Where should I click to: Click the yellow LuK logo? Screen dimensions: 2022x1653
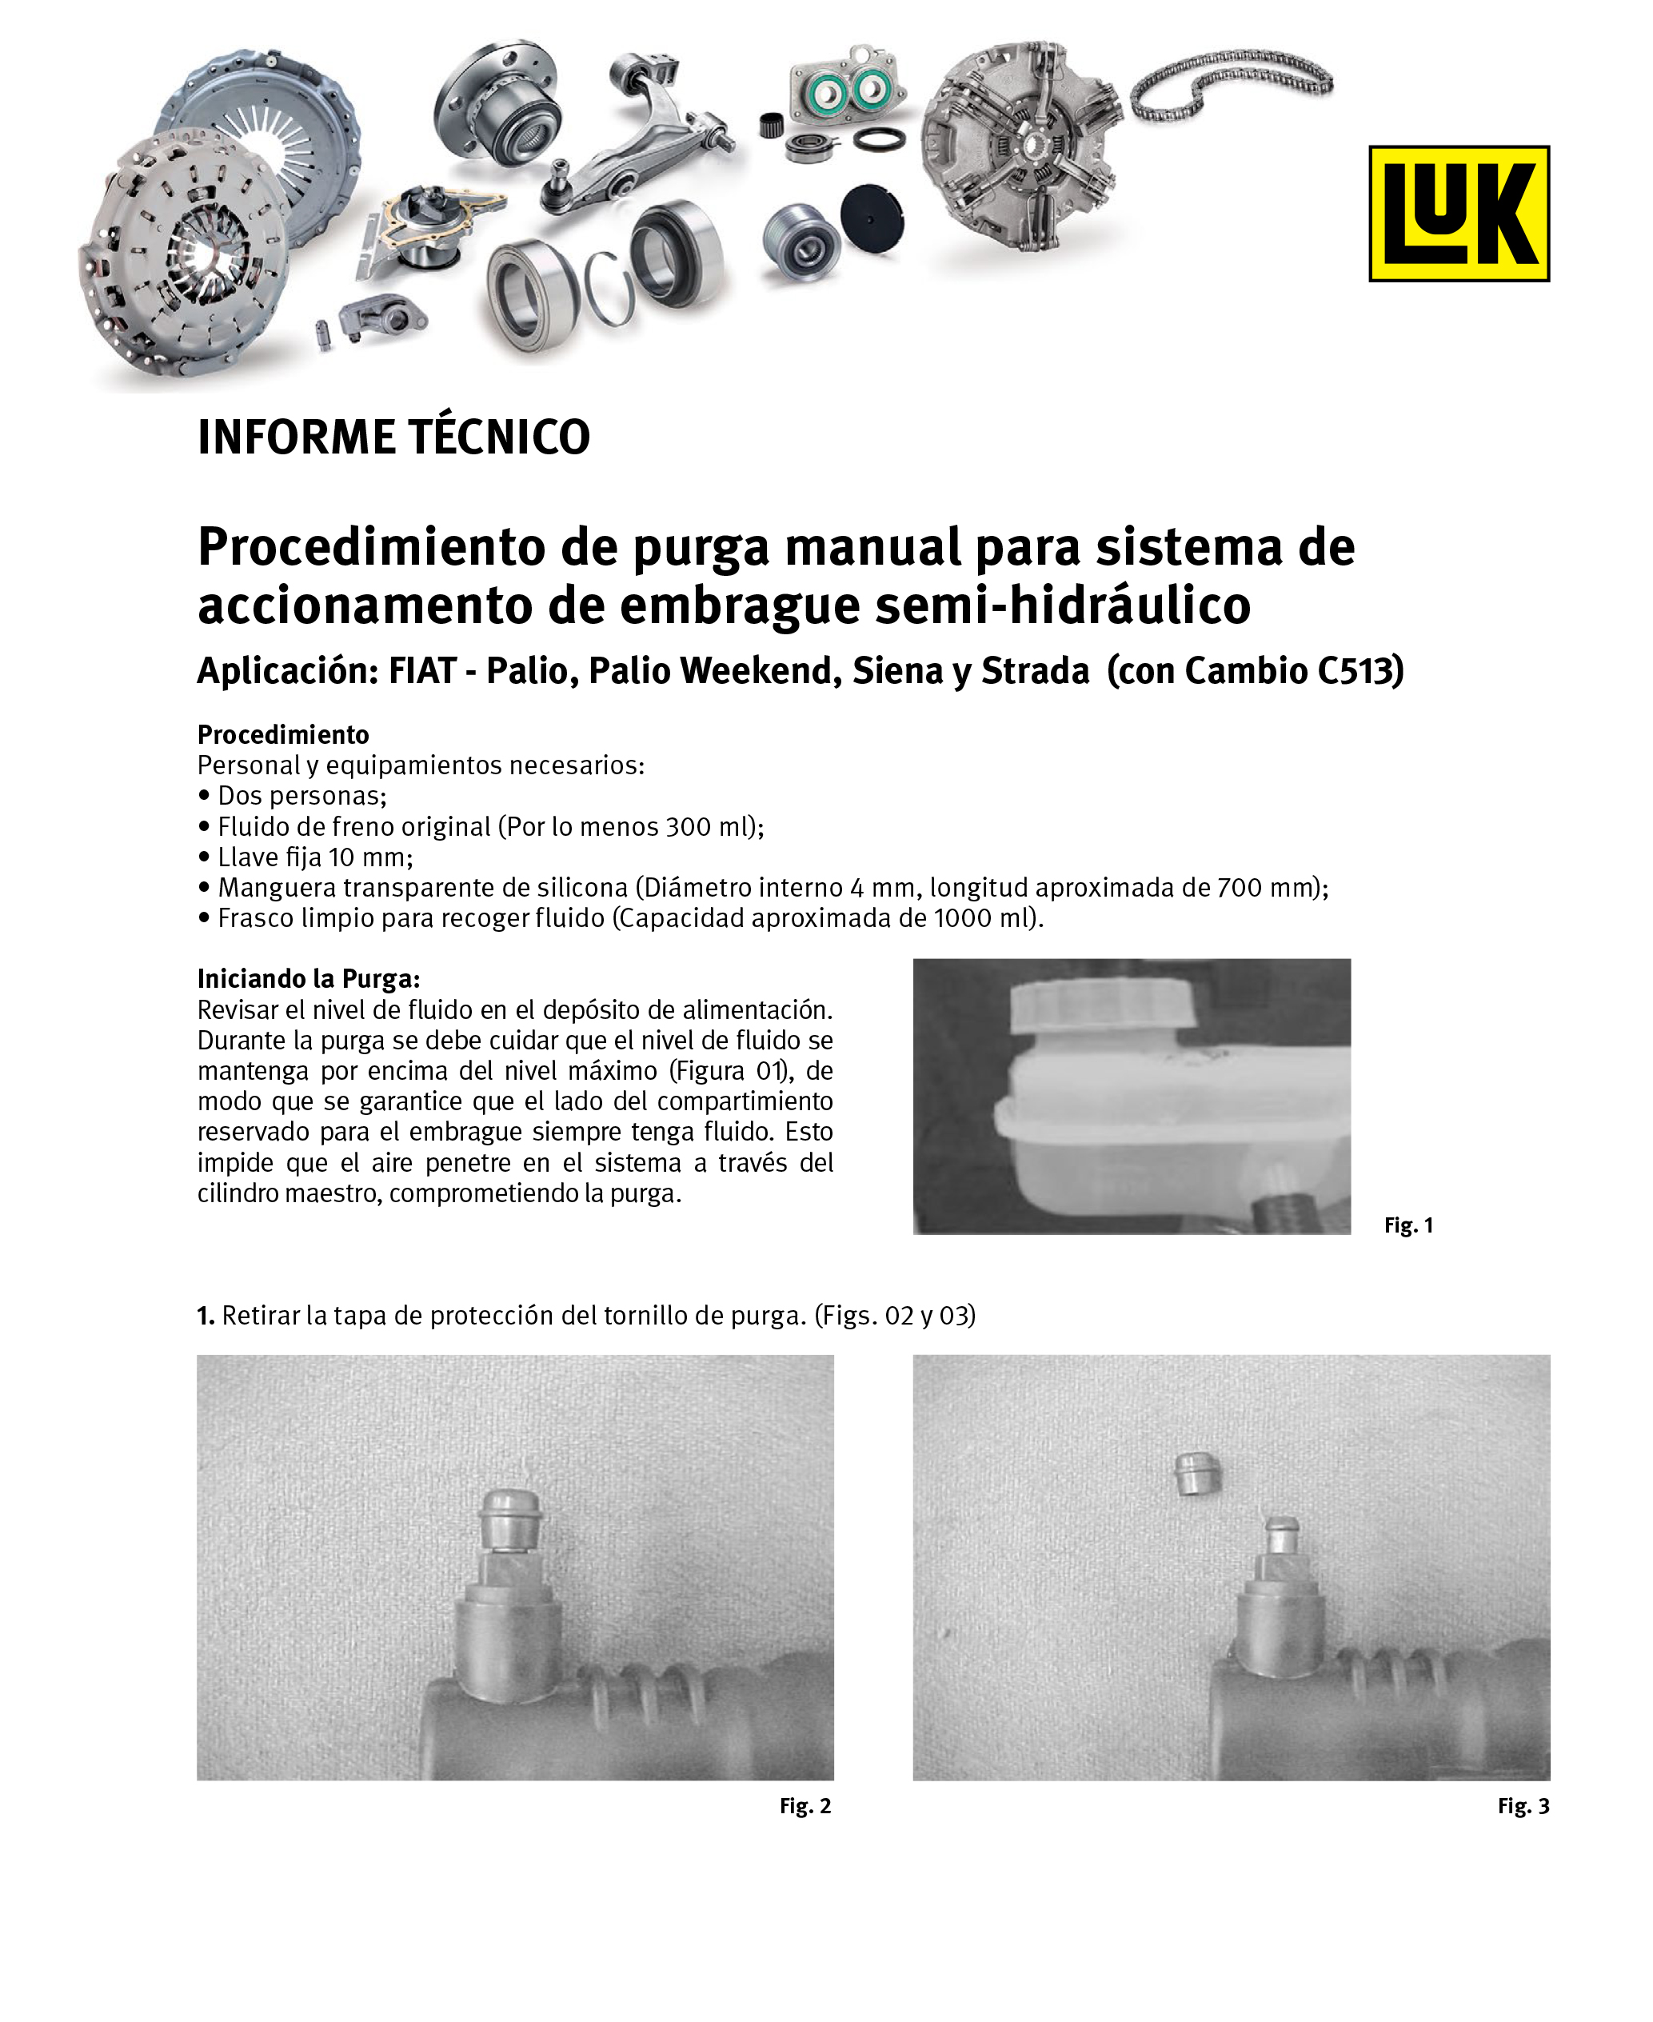point(1458,214)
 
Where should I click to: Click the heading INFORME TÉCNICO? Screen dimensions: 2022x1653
point(393,438)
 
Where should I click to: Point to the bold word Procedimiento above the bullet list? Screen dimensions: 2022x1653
point(283,734)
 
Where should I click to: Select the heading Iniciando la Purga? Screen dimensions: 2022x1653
point(309,979)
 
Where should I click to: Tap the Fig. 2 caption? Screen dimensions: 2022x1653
point(805,1806)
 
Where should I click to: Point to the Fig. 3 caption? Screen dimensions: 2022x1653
point(1523,1806)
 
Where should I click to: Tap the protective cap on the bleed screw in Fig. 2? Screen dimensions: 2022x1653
point(510,1519)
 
